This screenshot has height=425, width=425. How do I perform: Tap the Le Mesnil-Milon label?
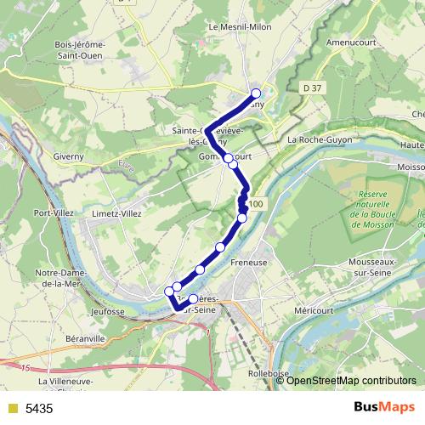click(239, 27)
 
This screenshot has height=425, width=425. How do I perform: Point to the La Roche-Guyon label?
click(316, 139)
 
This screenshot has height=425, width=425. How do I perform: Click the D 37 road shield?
click(313, 88)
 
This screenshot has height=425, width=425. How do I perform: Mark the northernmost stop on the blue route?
click(256, 93)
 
